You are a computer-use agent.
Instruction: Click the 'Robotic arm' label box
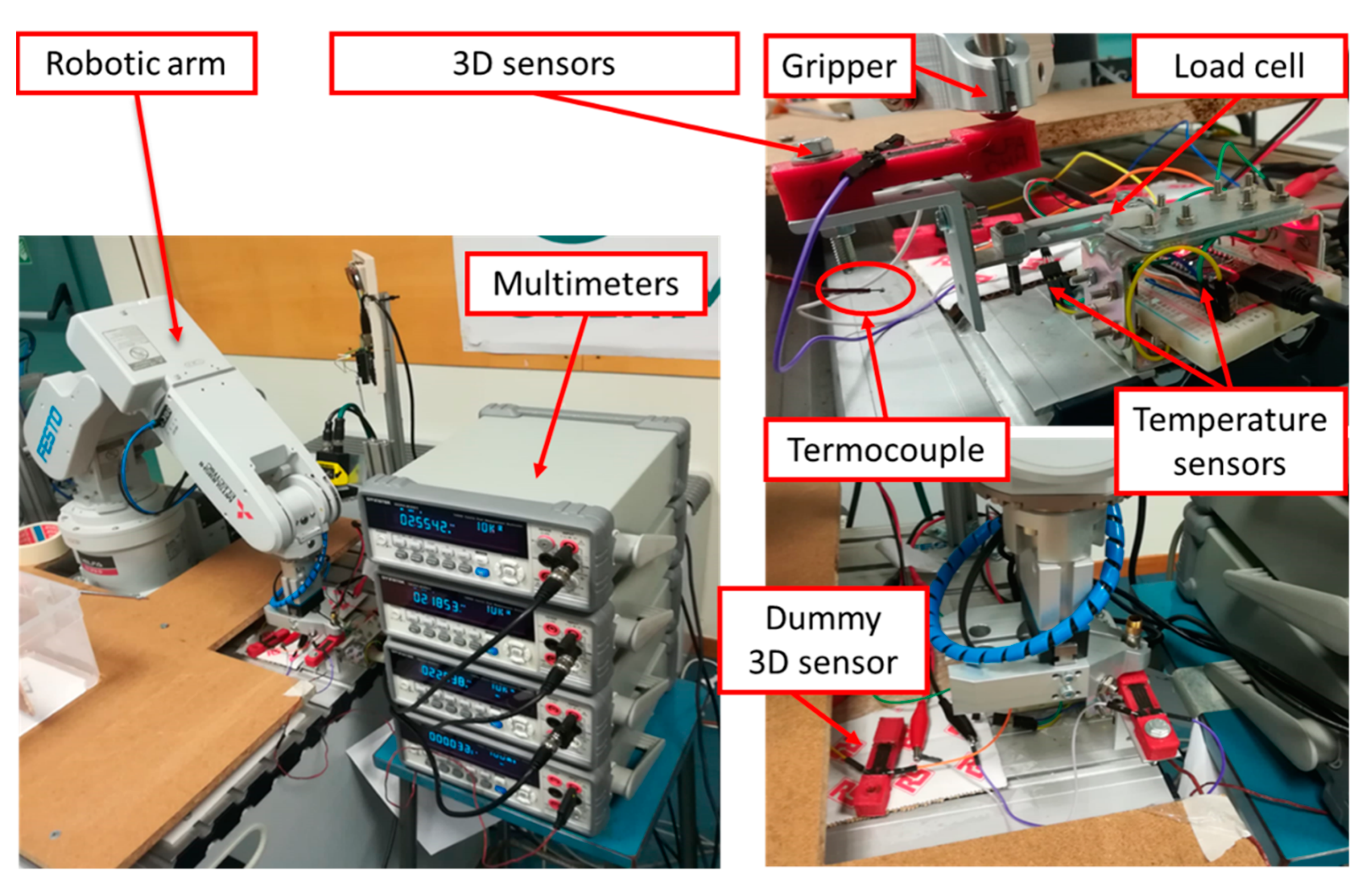[x=136, y=64]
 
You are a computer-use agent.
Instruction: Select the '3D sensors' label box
[x=534, y=64]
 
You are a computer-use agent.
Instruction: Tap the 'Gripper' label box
[x=839, y=66]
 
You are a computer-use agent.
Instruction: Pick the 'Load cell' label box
[x=1239, y=66]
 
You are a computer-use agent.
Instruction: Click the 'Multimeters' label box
[x=585, y=284]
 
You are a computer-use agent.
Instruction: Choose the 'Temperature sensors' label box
[x=1230, y=441]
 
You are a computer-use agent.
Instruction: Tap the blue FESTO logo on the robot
[x=49, y=433]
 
